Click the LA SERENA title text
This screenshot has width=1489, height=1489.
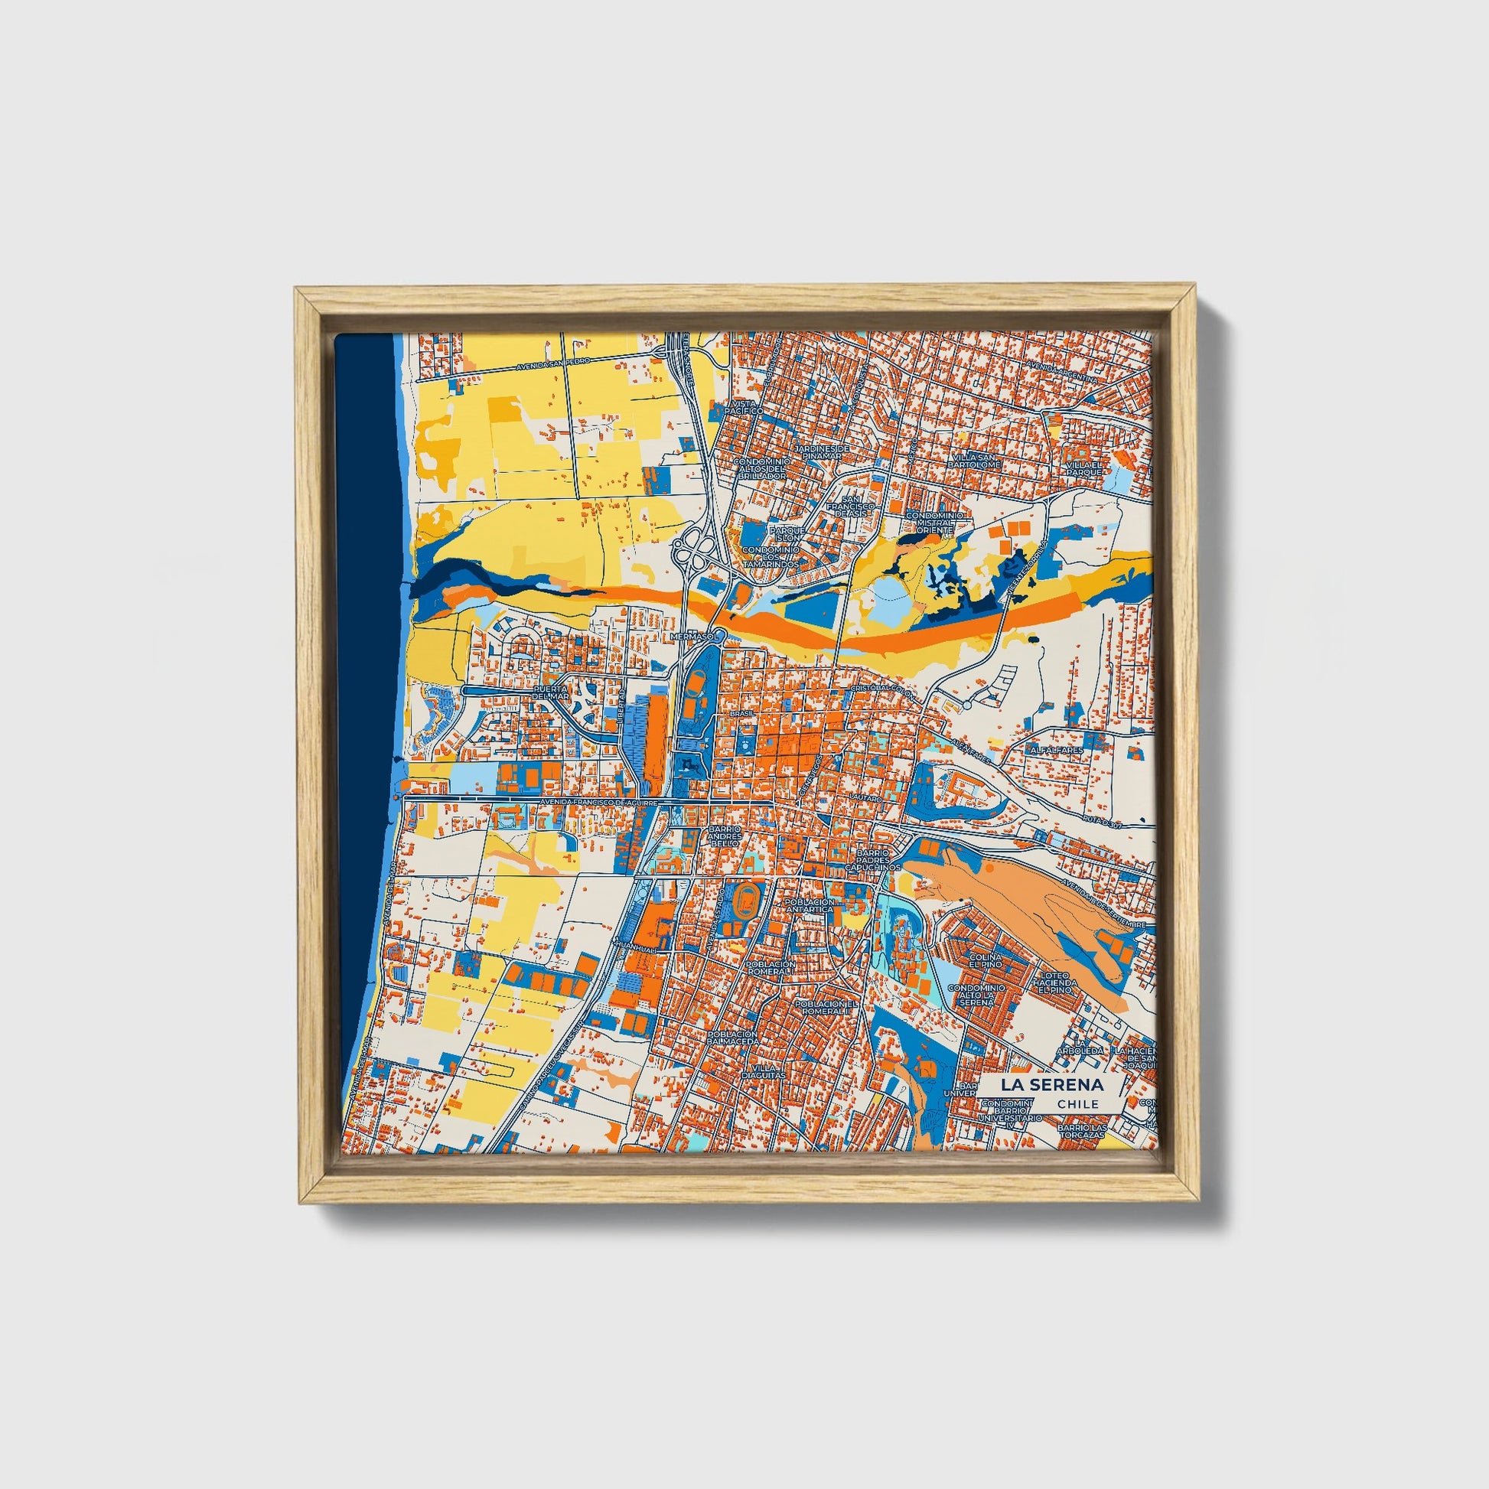tap(1052, 1084)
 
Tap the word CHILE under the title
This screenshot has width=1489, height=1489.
tap(1078, 1104)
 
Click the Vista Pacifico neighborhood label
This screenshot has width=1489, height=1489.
tap(747, 407)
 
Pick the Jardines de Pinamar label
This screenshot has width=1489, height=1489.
tap(822, 451)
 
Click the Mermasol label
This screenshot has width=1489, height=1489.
tap(696, 637)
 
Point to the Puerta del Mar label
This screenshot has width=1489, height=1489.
tap(550, 692)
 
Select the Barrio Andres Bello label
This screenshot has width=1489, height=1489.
tap(724, 836)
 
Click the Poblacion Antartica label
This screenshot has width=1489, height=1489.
tap(809, 905)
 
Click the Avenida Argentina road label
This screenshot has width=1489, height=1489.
tap(1066, 371)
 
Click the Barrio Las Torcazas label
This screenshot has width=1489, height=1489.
tap(1082, 1132)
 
